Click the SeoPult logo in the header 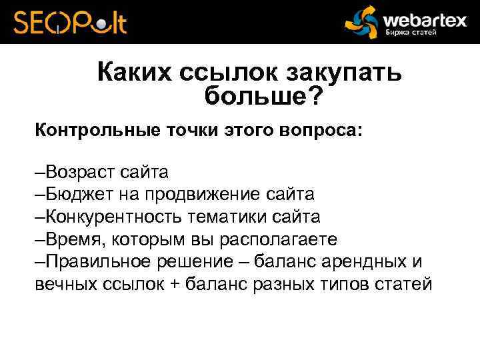pos(70,22)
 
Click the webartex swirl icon pos(363,23)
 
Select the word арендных pos(370,261)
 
